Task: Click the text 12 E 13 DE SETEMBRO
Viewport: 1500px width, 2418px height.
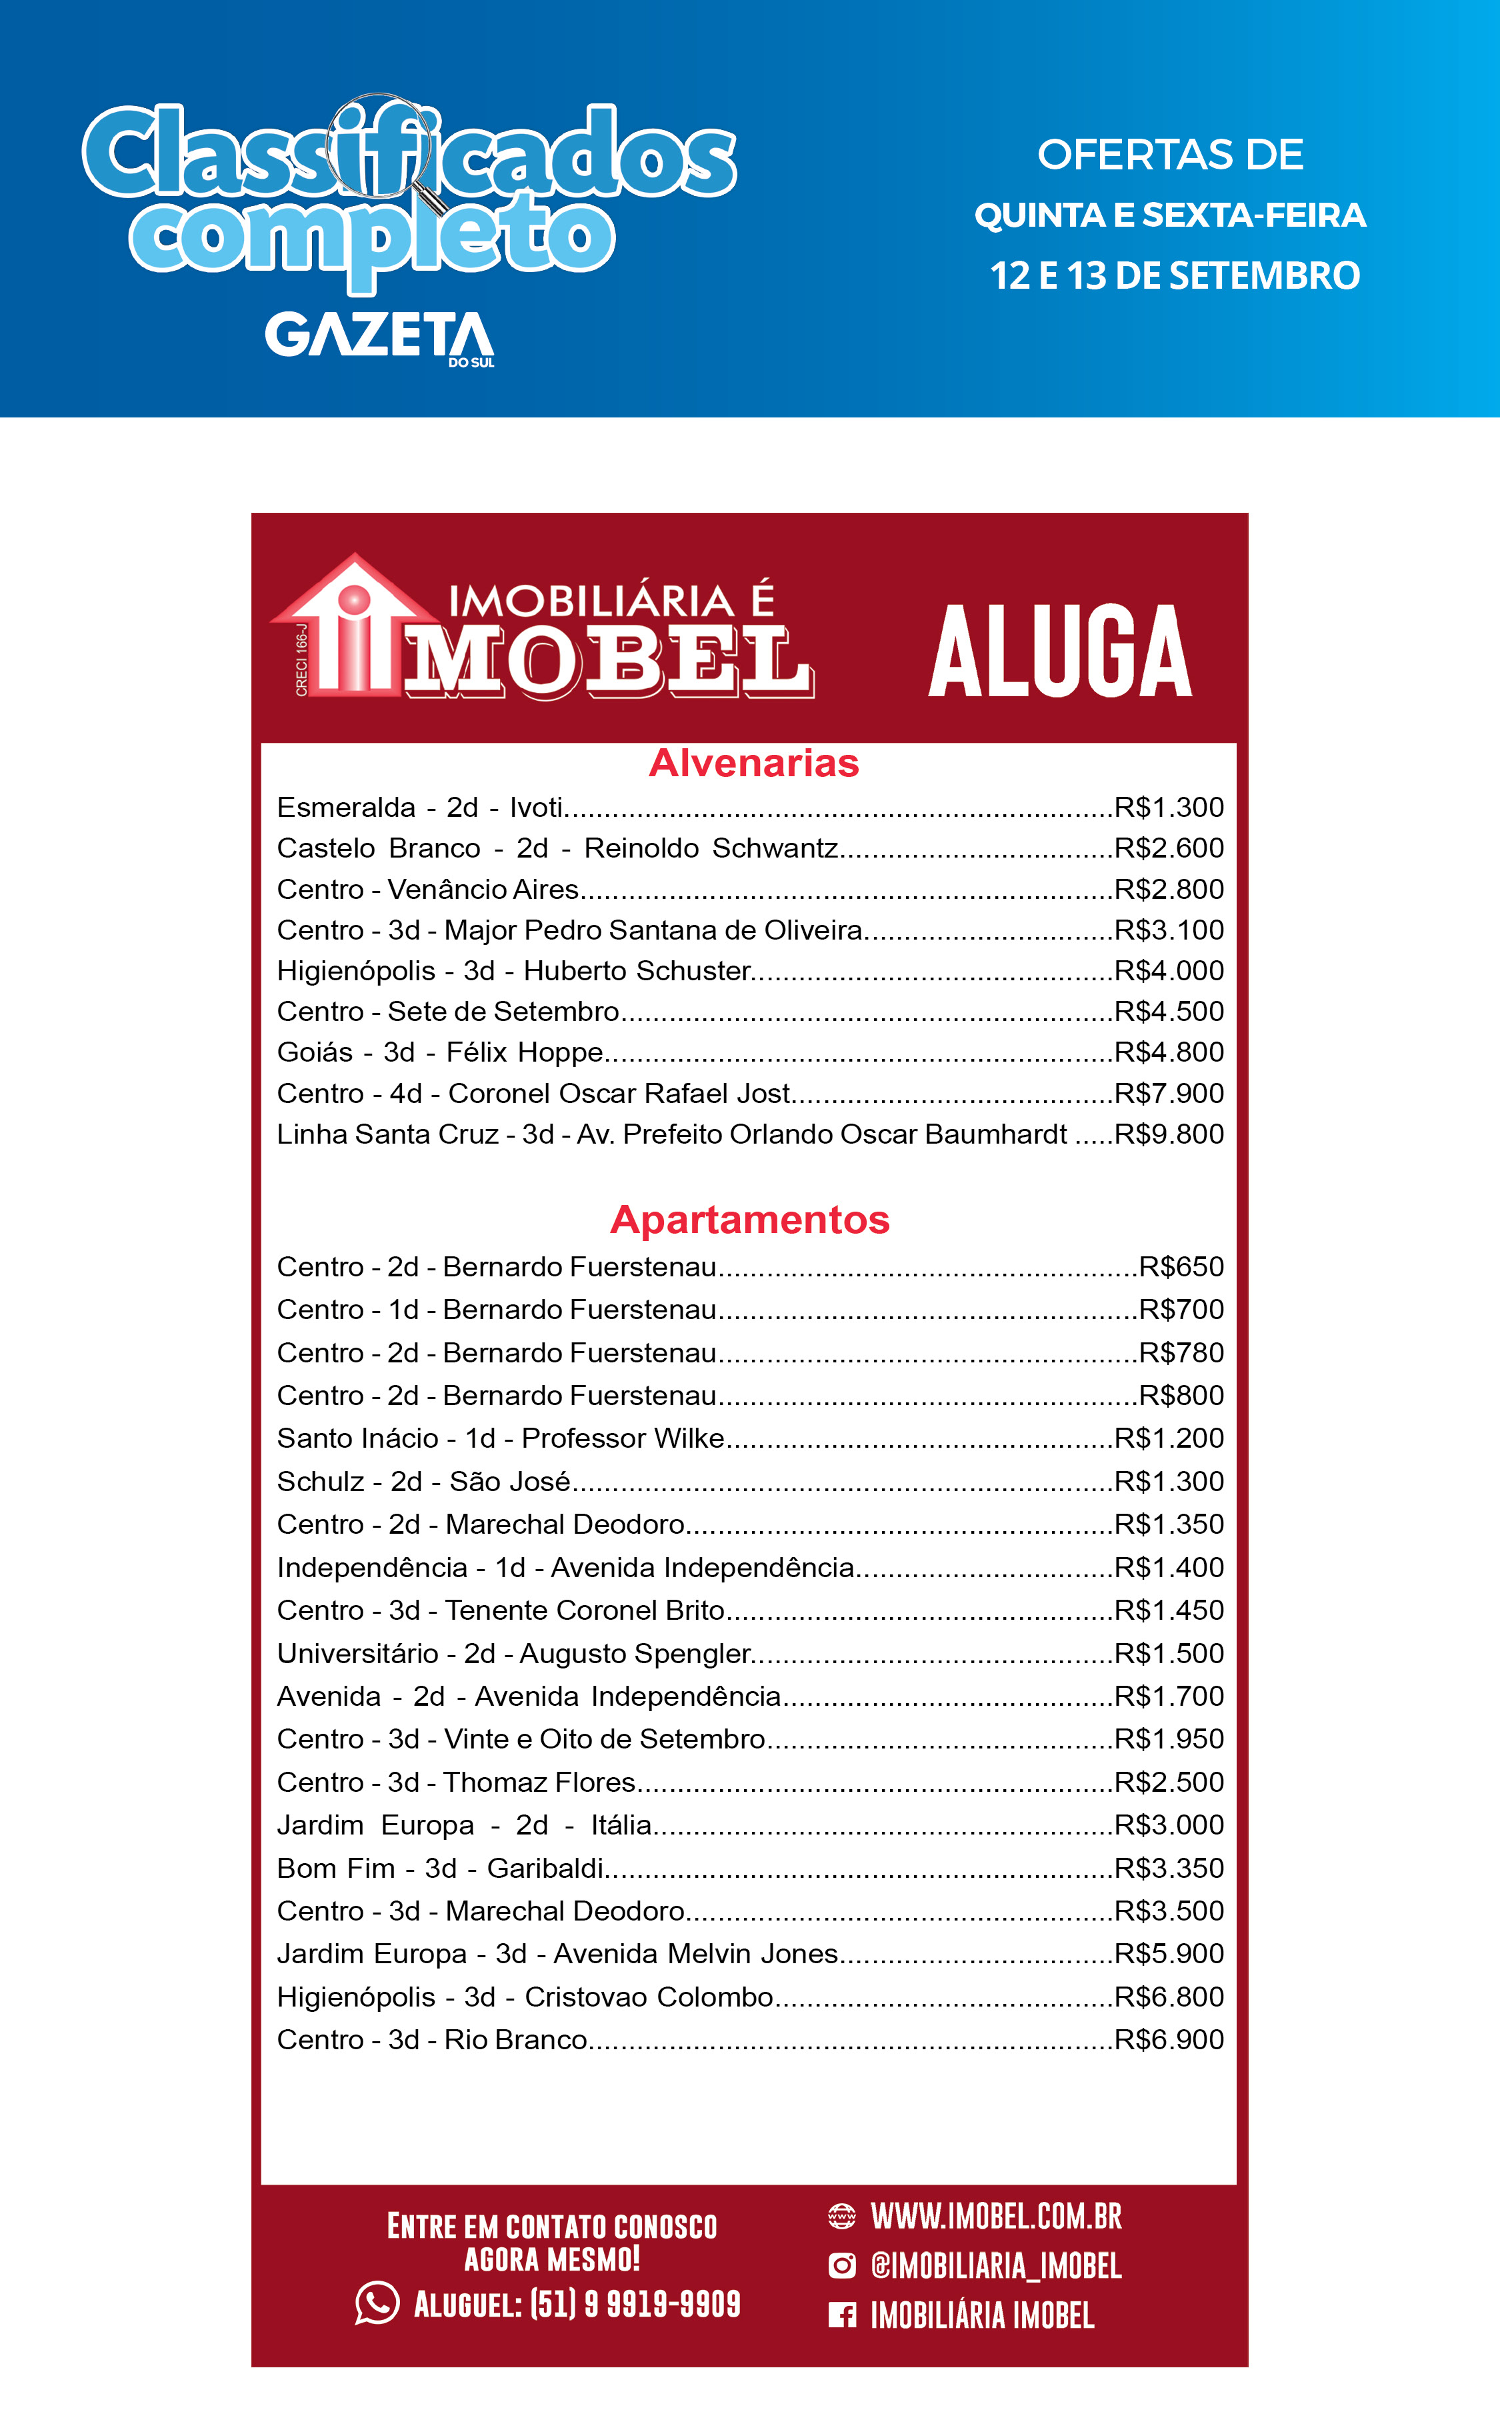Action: (1175, 276)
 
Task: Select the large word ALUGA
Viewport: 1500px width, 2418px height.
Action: (1059, 652)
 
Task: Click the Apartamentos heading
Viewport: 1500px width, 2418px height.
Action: (750, 1220)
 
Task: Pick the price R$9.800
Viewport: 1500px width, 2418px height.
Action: (1169, 1134)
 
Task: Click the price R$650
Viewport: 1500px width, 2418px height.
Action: (1181, 1267)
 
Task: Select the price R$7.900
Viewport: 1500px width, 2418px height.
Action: (1169, 1094)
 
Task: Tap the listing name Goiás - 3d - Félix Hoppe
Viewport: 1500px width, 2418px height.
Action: (439, 1052)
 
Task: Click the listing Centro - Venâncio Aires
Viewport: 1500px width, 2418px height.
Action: (427, 889)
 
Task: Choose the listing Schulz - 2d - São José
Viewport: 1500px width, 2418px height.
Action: (423, 1481)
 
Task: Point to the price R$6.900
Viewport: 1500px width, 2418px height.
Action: (1169, 2039)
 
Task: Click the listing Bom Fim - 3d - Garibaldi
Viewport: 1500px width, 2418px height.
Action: (439, 1869)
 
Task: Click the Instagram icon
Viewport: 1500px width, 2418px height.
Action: (841, 2265)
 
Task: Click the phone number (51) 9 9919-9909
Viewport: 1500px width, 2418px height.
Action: (635, 2304)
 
